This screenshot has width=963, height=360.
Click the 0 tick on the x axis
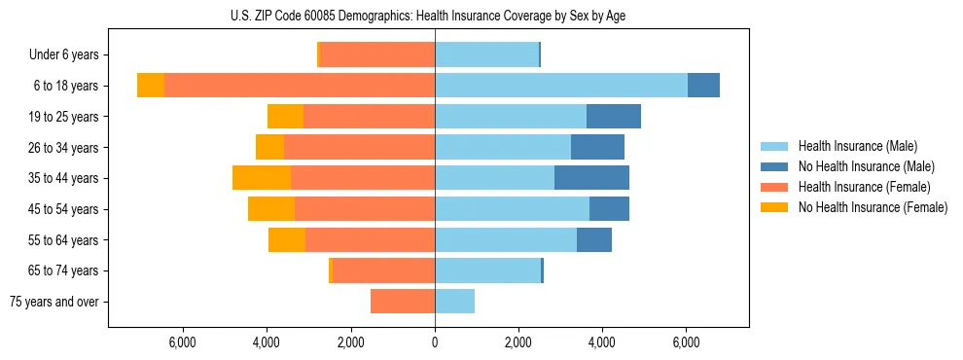[435, 342]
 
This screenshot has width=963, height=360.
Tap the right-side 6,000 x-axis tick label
[686, 342]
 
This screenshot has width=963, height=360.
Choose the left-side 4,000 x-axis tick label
[267, 342]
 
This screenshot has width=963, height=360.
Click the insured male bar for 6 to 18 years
[561, 86]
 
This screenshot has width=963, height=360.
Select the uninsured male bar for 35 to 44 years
[591, 178]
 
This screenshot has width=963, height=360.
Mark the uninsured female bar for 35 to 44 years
[262, 178]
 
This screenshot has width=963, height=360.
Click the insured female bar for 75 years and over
[403, 302]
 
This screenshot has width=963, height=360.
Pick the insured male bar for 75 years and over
[454, 302]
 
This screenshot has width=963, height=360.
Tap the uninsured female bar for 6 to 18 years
[151, 86]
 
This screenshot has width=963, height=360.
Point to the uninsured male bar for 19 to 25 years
[614, 117]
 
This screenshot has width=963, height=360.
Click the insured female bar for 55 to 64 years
[370, 239]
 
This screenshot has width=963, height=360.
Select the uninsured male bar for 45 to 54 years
[609, 209]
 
